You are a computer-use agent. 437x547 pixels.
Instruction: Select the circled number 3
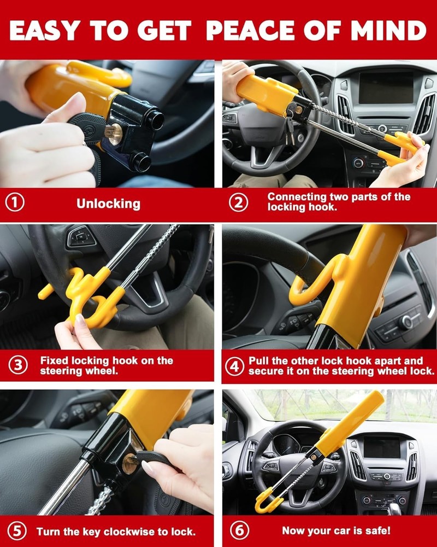[x=19, y=365]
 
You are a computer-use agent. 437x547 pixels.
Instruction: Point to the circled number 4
[x=235, y=366]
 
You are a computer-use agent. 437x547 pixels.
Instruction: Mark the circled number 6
[x=238, y=531]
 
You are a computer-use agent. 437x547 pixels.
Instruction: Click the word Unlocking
[x=108, y=204]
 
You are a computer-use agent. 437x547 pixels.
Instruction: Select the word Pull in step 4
[x=259, y=360]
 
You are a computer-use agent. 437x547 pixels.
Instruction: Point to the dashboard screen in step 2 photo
[x=385, y=88]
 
